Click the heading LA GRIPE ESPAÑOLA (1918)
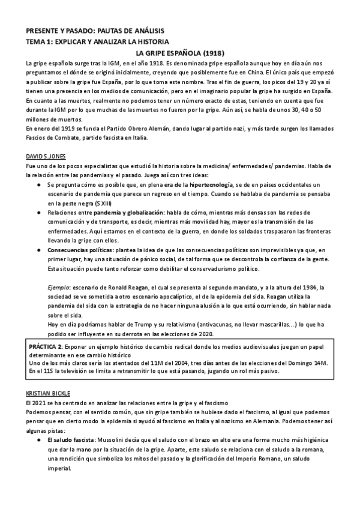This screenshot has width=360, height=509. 179,53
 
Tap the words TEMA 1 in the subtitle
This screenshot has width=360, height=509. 40,41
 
